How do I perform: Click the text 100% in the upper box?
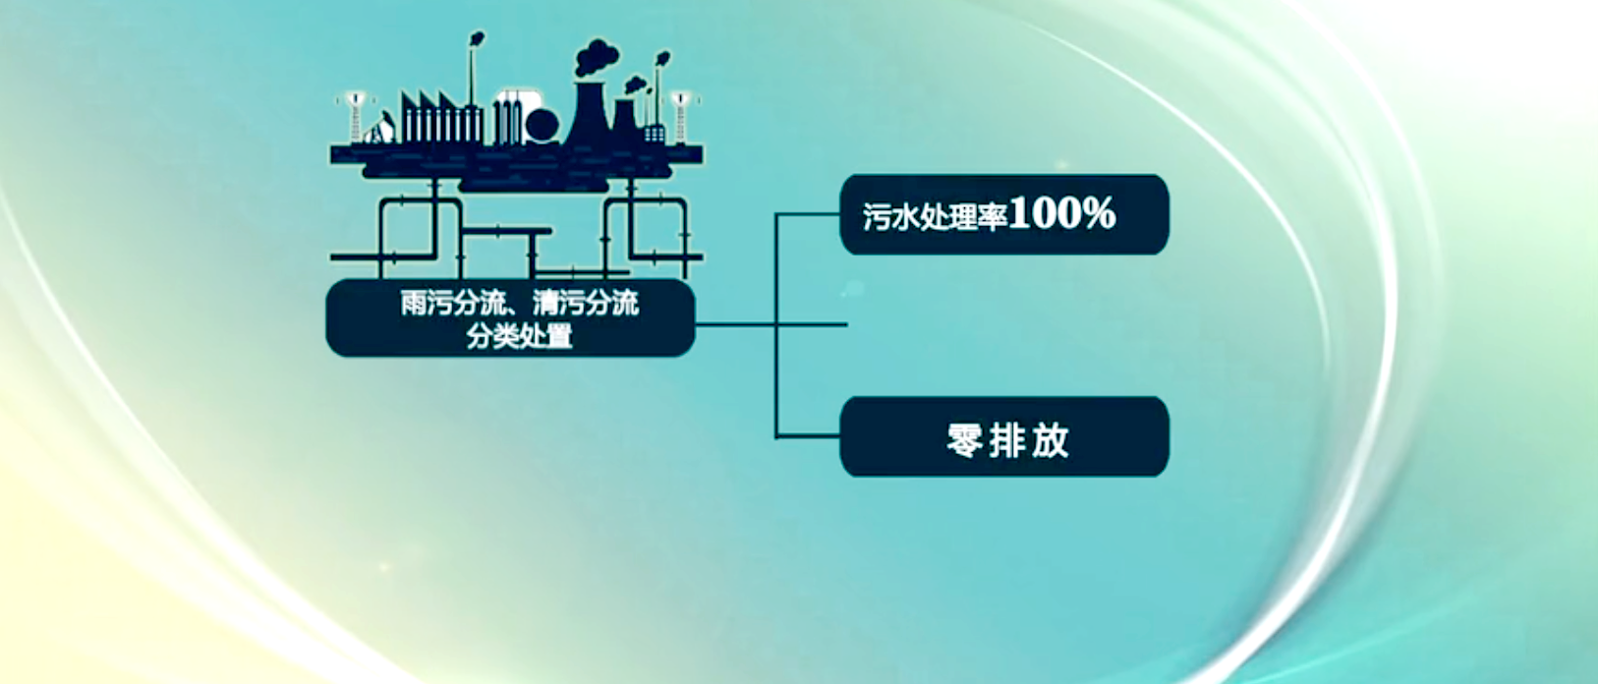click(x=1062, y=212)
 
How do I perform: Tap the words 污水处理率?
click(x=936, y=215)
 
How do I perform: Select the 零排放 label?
click(x=1007, y=440)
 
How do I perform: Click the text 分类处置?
click(x=520, y=336)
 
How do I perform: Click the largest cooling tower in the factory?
click(x=589, y=113)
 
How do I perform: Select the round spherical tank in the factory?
click(x=542, y=126)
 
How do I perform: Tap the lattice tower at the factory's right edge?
click(x=680, y=118)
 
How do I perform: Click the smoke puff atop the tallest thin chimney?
click(x=477, y=38)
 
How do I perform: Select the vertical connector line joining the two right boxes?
click(x=776, y=325)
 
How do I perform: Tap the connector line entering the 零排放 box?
click(x=808, y=435)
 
